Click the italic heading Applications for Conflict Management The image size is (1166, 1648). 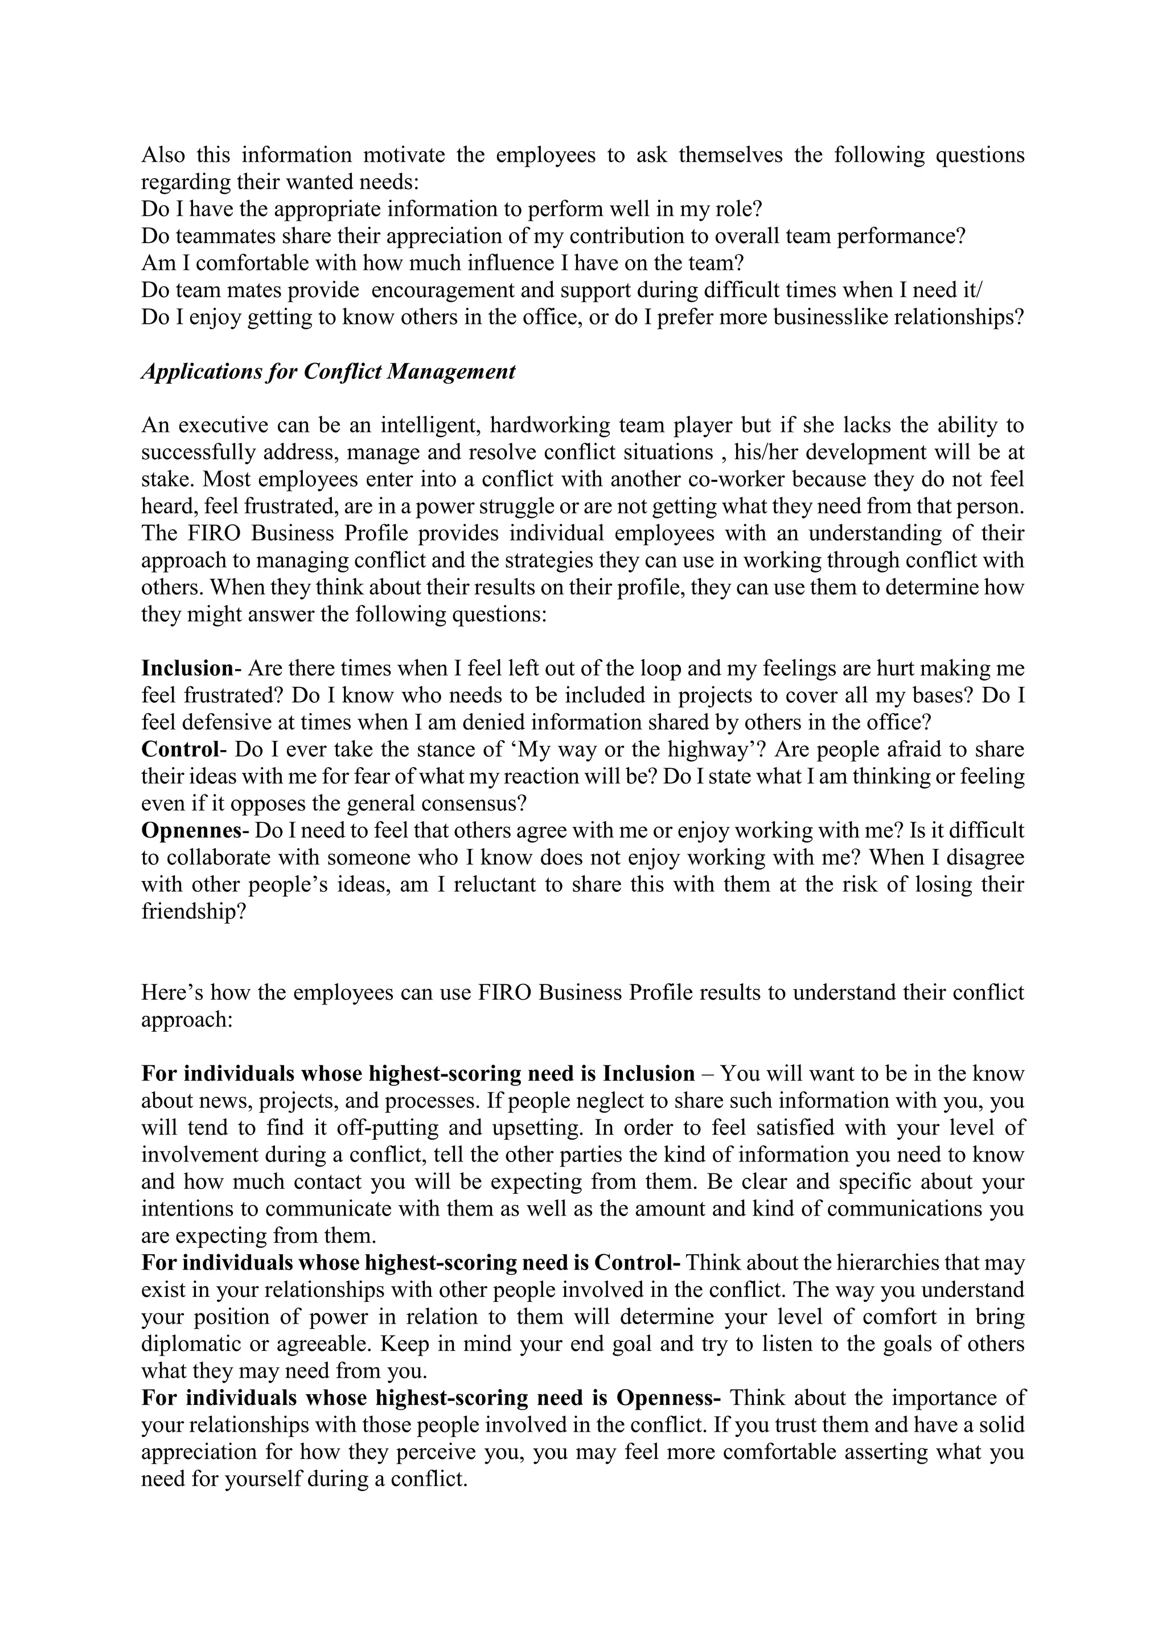pos(328,372)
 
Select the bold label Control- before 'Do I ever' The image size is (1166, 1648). pos(184,749)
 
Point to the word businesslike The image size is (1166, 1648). pos(830,318)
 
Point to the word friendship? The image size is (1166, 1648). pos(194,912)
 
